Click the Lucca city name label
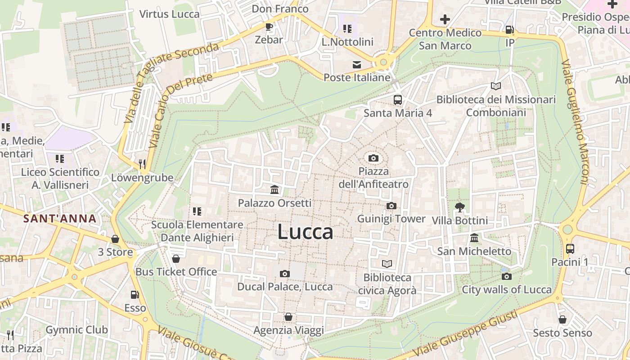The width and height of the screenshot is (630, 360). click(305, 232)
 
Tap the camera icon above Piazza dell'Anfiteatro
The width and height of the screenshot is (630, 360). click(373, 158)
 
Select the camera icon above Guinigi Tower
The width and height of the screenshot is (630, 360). click(391, 206)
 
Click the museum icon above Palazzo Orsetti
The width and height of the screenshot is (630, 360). click(274, 189)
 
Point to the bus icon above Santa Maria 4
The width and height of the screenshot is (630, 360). click(398, 99)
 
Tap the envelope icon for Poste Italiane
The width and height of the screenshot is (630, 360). click(357, 64)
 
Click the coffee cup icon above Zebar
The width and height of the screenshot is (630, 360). click(269, 27)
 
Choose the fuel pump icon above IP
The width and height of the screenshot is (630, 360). click(509, 30)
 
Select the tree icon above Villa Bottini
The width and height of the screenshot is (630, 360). click(459, 207)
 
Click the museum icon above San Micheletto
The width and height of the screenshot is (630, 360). click(474, 238)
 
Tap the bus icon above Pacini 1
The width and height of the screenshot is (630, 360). click(570, 248)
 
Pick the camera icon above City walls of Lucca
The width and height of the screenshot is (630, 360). click(507, 276)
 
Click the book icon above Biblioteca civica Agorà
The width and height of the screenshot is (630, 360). click(387, 264)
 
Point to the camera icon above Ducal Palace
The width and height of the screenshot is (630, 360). click(284, 274)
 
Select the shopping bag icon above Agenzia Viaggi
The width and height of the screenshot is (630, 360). click(288, 317)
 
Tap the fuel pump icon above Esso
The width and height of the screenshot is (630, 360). click(135, 295)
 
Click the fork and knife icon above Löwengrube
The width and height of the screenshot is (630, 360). click(142, 164)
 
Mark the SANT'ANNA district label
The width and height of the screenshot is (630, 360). click(60, 219)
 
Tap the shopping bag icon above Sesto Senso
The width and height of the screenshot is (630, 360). click(562, 319)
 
